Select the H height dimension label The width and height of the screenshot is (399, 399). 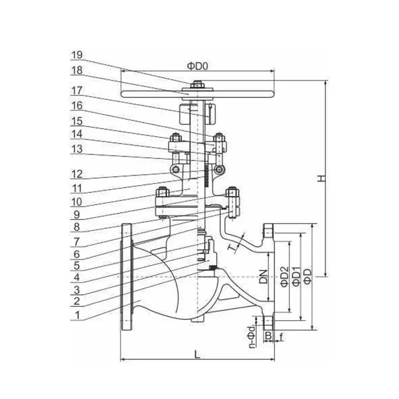coord(322,178)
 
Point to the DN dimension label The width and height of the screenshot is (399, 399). coord(264,276)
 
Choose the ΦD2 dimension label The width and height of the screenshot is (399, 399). coord(284,276)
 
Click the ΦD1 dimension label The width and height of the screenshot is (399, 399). coord(296,276)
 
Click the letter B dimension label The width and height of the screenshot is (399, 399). coord(268,337)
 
